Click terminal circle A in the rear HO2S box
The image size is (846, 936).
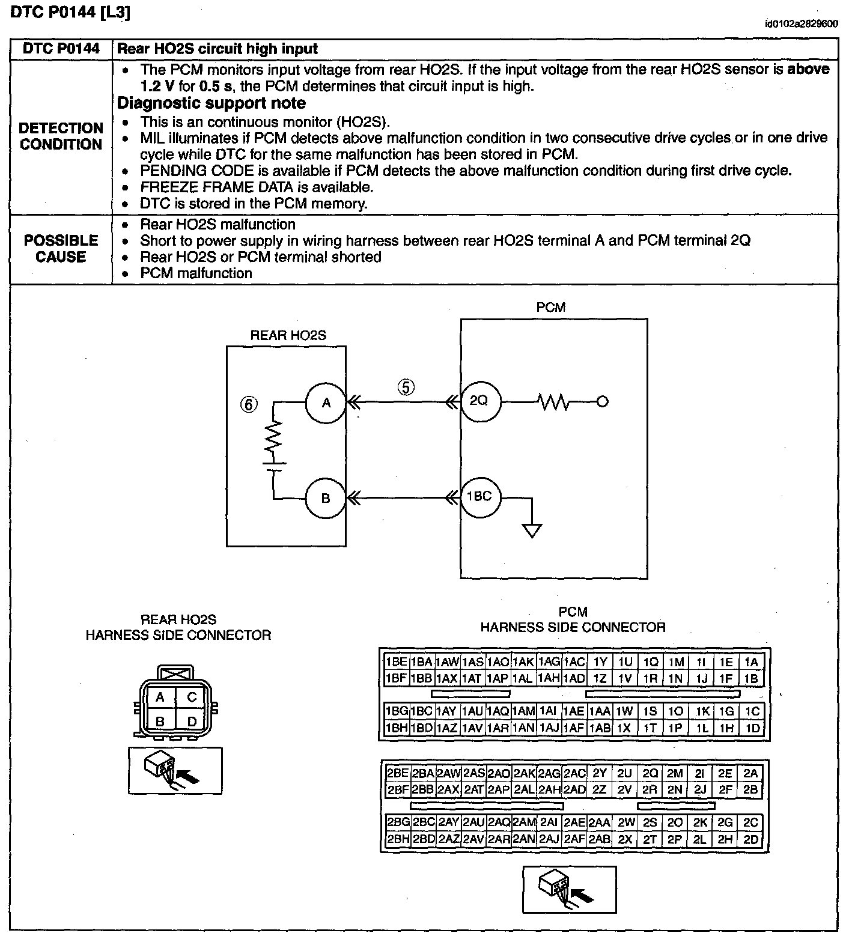[x=326, y=403]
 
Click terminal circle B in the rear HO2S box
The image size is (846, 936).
[x=326, y=498]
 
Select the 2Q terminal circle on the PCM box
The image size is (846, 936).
[x=479, y=401]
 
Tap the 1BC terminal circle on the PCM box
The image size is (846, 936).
[x=479, y=497]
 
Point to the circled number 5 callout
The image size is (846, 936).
[x=406, y=387]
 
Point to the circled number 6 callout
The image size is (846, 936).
[x=249, y=404]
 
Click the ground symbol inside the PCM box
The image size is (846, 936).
[x=532, y=530]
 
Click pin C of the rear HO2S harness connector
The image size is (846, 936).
[x=192, y=697]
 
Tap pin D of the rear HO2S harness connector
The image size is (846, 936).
[x=192, y=721]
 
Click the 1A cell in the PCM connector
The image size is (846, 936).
[x=751, y=662]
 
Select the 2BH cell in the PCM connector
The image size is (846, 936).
[x=397, y=839]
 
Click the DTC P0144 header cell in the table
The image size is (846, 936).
[x=61, y=49]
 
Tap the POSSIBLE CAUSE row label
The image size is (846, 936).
[x=61, y=249]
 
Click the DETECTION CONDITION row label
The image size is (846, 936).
[x=61, y=136]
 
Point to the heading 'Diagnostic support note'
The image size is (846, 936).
[x=211, y=103]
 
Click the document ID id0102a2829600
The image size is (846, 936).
[x=801, y=24]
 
